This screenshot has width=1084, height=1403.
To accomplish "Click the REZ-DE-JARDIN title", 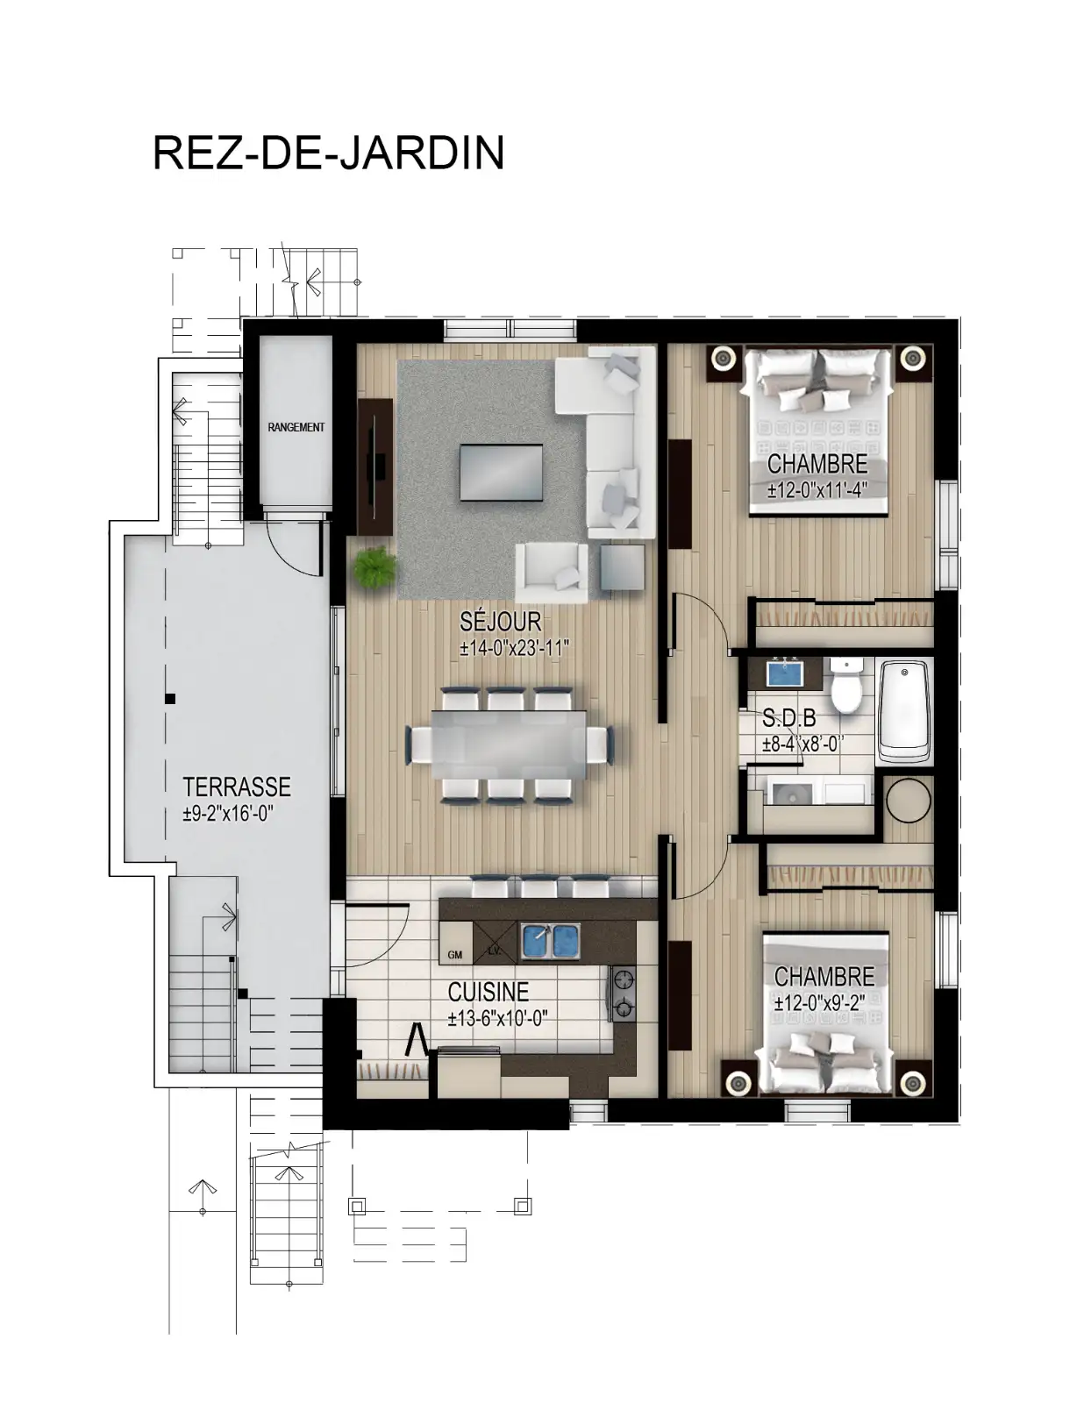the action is [328, 153].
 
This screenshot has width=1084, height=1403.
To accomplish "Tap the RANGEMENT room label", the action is [296, 427].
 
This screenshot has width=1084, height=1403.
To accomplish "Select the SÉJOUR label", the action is [501, 622].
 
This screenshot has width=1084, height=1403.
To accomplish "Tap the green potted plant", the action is [374, 566].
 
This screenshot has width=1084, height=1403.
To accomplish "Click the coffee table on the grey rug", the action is [501, 472].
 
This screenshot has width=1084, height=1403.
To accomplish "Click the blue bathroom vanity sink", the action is [785, 673].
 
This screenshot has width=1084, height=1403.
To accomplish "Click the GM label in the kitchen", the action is [454, 956].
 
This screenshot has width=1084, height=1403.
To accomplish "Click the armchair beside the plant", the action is [552, 572].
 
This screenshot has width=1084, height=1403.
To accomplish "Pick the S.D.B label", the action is [788, 717].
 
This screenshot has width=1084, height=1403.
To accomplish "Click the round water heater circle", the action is [909, 801].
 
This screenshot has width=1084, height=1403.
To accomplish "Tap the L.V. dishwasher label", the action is [495, 951].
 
